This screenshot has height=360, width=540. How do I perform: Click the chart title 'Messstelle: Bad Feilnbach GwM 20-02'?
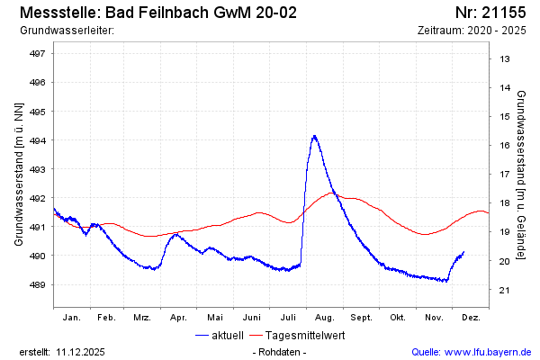157,13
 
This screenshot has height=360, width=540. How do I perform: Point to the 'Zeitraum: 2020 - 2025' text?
472,31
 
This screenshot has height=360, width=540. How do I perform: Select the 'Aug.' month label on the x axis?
325,318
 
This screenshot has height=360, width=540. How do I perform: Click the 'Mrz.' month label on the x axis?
141,318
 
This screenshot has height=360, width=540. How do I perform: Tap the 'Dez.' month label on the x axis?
471,318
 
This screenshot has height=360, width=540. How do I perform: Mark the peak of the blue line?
314,136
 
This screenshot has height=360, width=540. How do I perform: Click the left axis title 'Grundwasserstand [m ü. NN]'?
19,173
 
